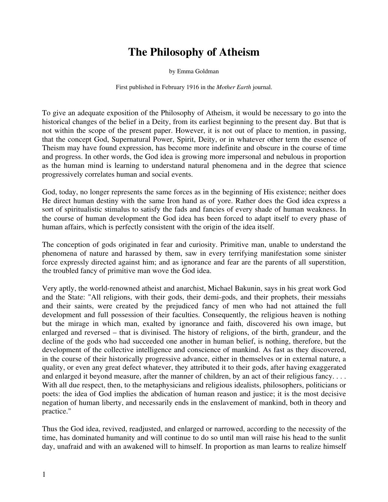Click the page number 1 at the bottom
coord(44,475)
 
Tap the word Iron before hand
coord(175,201)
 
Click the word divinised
coord(157,333)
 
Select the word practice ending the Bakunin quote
coord(54,412)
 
